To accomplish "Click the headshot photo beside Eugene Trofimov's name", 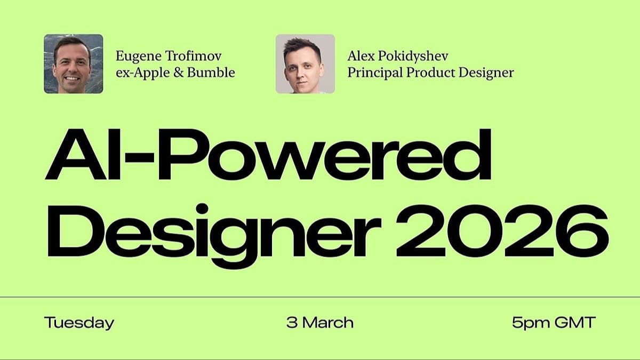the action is pos(74,63).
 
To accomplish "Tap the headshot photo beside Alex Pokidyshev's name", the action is pos(305,63).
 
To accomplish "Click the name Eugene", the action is pos(139,57).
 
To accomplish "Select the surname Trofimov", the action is pos(194,56).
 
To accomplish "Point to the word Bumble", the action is pos(211,73).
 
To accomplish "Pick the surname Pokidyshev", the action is pos(413,57).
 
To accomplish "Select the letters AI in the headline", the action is pos(83,154).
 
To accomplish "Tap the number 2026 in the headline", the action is pos(502,231).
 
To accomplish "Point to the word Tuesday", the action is pos(79,323).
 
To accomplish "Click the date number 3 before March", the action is pos(292,322).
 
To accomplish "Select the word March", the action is pos(328,322).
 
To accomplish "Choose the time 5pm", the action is pos(531,323).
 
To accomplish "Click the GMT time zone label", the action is pos(575,322).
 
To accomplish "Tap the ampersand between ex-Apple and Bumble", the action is pos(178,73).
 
